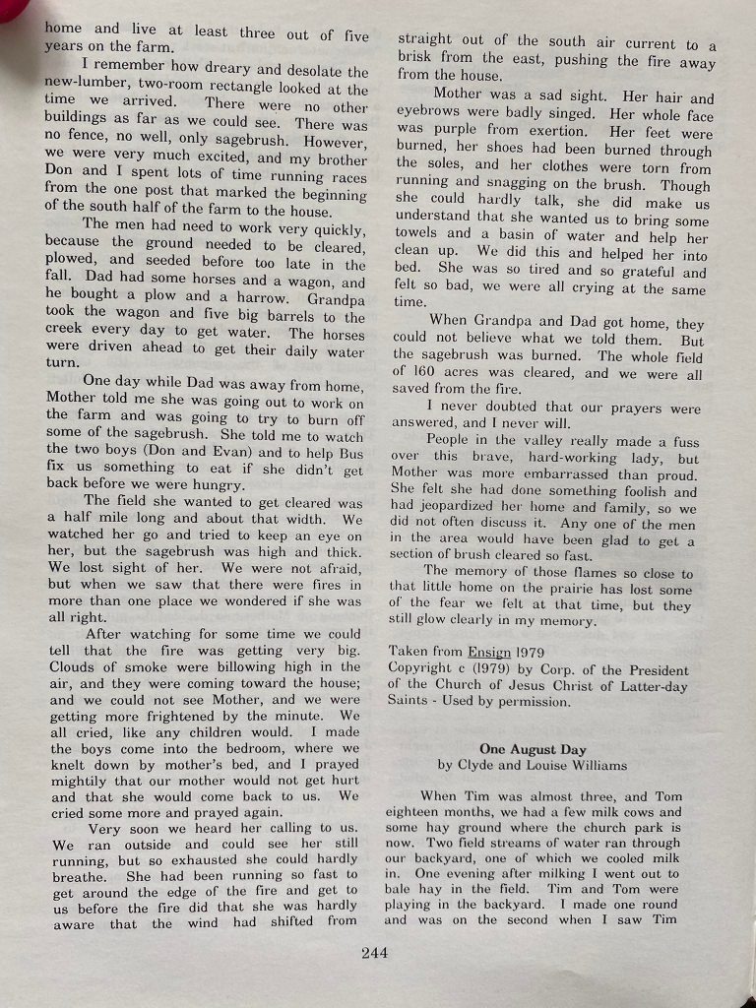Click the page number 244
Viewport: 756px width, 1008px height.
pos(375,952)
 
